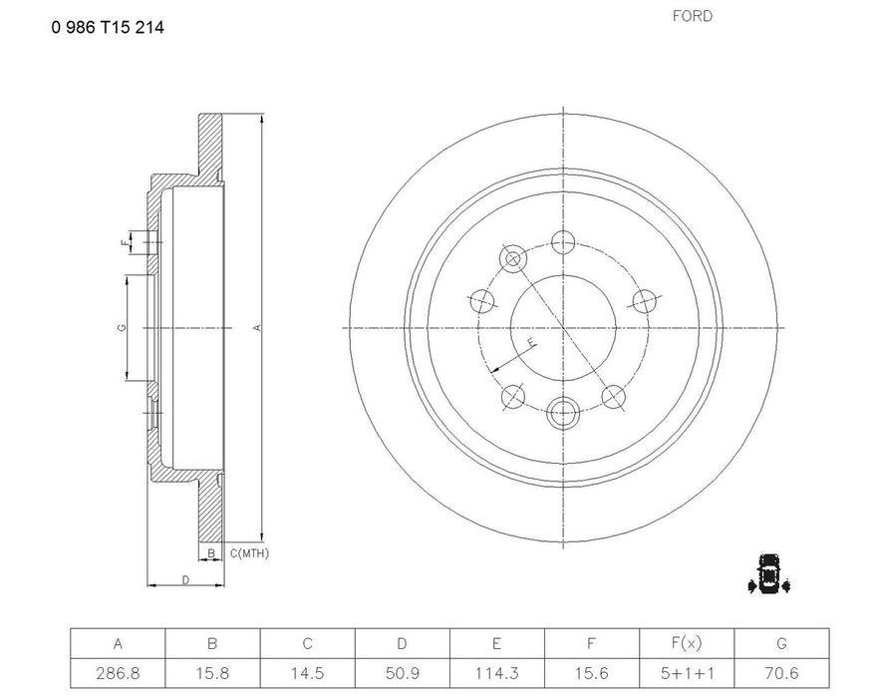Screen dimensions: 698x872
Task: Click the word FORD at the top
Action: [693, 16]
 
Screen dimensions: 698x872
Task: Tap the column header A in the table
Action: [118, 642]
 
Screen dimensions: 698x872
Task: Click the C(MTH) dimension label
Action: [249, 552]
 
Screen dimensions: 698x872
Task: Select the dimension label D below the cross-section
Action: [185, 580]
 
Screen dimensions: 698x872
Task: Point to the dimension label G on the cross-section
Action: [121, 328]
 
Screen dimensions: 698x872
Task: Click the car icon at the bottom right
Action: [767, 572]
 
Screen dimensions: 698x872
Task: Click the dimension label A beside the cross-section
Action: [257, 328]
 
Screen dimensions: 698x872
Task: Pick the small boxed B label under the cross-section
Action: [210, 552]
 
